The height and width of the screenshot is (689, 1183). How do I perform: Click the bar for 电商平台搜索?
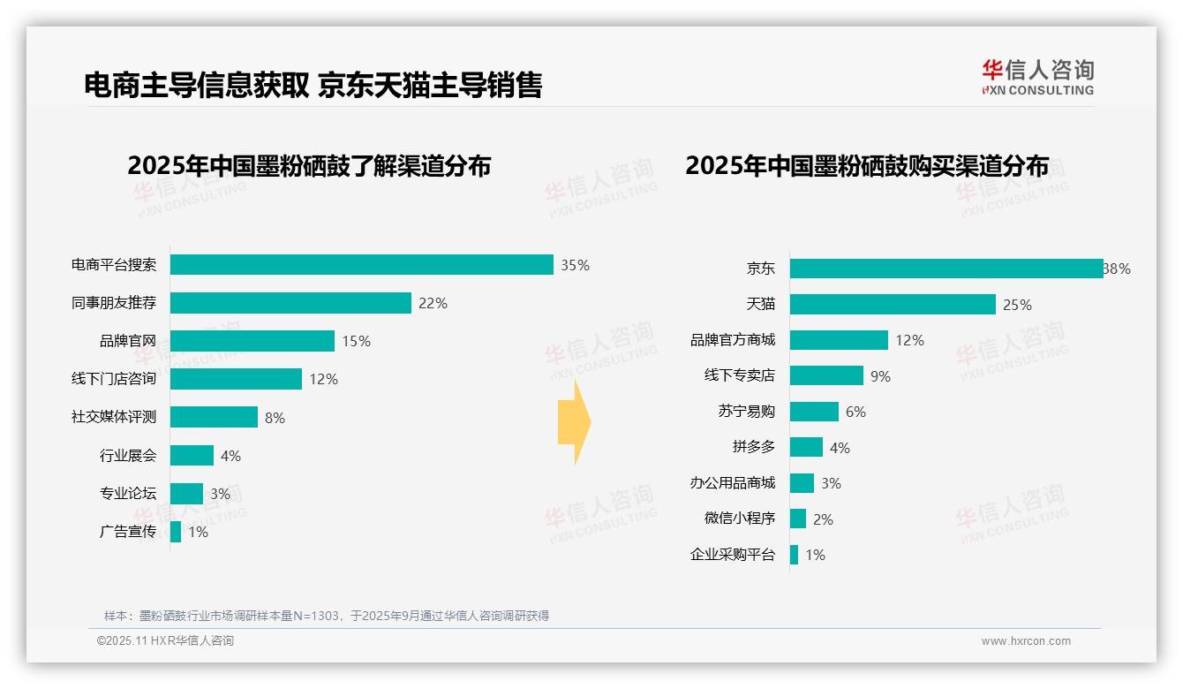coord(361,265)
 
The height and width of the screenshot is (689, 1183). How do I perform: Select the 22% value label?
coord(433,303)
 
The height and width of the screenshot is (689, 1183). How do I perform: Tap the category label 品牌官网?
coord(128,341)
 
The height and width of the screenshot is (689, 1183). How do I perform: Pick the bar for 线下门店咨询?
coord(236,379)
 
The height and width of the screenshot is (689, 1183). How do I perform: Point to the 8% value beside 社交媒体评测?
coord(275,418)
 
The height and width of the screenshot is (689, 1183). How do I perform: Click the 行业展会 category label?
coord(128,456)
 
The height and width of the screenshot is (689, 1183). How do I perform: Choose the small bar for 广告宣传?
coord(176,532)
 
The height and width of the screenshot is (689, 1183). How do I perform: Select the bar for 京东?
coord(946,269)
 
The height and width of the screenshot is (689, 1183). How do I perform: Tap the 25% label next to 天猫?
coord(1017,305)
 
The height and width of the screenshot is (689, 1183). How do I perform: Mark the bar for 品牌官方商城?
coord(839,340)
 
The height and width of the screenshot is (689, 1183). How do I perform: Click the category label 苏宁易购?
coord(747,412)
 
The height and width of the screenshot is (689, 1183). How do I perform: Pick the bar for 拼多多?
coord(806,447)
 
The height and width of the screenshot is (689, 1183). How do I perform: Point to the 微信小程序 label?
coord(740,519)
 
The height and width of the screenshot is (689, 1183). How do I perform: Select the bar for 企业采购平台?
coord(795,555)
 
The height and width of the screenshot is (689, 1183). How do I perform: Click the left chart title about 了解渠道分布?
coord(309,166)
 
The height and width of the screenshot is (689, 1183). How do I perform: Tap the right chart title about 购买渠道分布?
coord(867,166)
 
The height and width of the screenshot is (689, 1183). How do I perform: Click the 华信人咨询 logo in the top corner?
coord(1037,78)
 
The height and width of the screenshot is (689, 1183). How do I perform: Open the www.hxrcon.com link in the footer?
coord(1026,641)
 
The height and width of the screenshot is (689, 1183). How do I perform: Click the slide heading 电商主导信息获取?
coord(196,85)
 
